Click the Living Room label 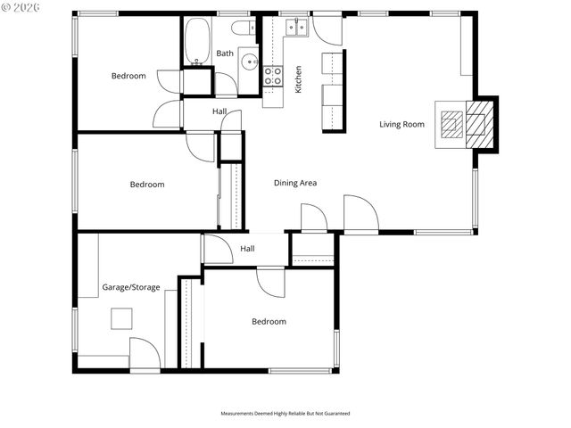[x=401, y=124]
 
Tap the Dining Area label [x=295, y=183]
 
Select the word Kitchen [x=299, y=79]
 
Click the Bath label [x=225, y=53]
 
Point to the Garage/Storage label [x=131, y=287]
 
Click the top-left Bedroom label [x=128, y=76]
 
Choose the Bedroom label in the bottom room [x=269, y=321]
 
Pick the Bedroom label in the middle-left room [x=147, y=185]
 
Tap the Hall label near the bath [x=219, y=111]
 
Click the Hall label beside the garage [x=247, y=249]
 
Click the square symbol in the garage [x=121, y=318]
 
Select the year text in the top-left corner [x=28, y=8]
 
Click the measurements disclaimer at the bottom [x=285, y=414]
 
